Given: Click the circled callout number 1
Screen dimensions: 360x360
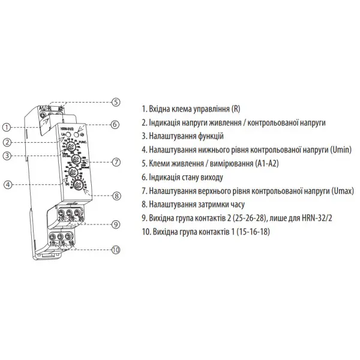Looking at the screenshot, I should pyautogui.click(x=5, y=127).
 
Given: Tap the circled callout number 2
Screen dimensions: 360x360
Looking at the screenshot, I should pyautogui.click(x=5, y=143).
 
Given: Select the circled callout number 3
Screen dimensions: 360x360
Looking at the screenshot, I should pyautogui.click(x=5, y=156).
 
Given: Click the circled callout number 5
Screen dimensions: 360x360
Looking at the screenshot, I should pyautogui.click(x=116, y=102).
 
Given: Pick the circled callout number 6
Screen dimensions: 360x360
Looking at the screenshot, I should pyautogui.click(x=116, y=124).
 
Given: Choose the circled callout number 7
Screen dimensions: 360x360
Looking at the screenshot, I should pyautogui.click(x=116, y=162).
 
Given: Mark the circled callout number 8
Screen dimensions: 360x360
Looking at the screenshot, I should pyautogui.click(x=116, y=195).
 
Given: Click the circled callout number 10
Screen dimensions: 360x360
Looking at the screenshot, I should pyautogui.click(x=116, y=249).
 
